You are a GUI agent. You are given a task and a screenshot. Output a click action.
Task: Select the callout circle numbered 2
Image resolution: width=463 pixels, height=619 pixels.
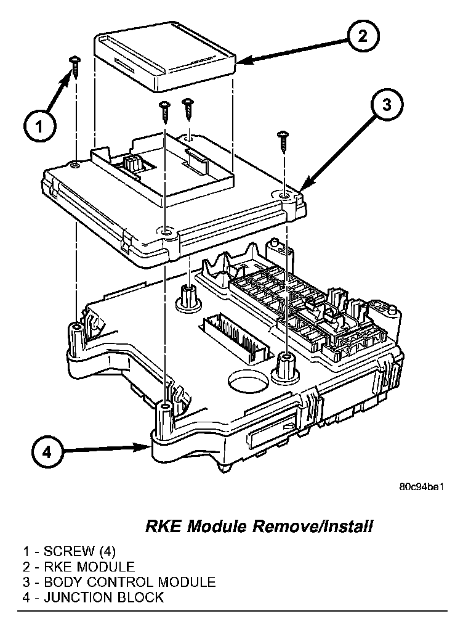363,36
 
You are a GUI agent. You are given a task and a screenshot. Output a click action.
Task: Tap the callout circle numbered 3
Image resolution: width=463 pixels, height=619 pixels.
385,105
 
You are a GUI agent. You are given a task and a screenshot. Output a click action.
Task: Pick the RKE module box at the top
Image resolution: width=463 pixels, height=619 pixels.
165,60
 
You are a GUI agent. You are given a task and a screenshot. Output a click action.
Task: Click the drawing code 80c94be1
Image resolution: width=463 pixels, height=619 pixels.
421,487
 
